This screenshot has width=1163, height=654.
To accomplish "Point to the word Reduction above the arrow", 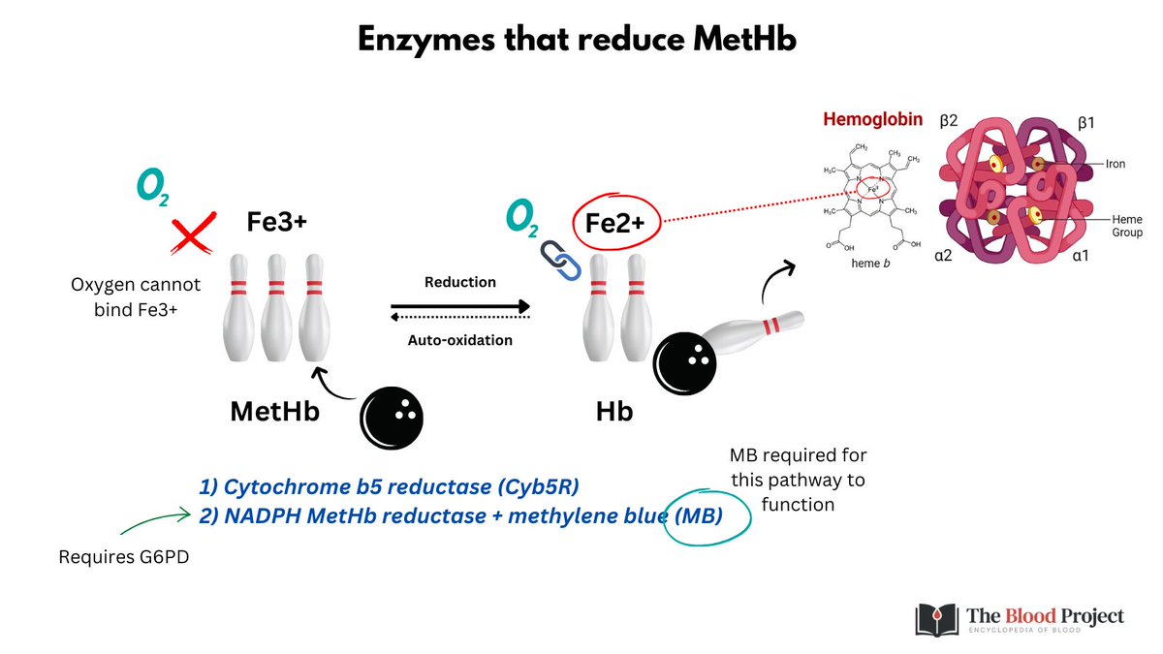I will pyautogui.click(x=460, y=282).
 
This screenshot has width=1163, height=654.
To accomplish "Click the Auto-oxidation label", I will pyautogui.click(x=459, y=340).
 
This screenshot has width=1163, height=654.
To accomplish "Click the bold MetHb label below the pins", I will pyautogui.click(x=275, y=411).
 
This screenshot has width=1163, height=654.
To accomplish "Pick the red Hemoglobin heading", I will pyautogui.click(x=872, y=120).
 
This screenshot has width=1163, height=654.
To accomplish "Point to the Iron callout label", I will pyautogui.click(x=1116, y=165).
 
